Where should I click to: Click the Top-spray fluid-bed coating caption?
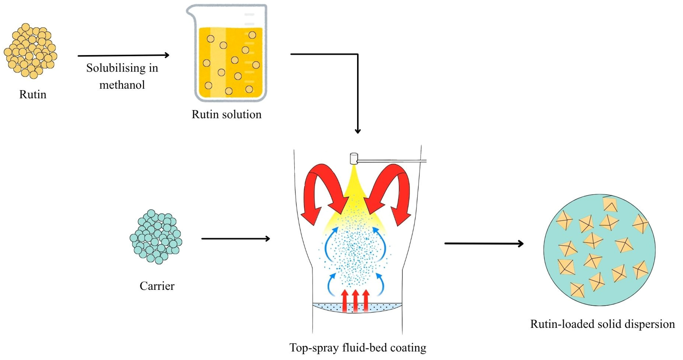[358, 348]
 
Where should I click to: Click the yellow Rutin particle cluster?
[31, 51]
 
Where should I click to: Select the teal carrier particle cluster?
[156, 237]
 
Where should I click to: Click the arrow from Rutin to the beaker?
[123, 55]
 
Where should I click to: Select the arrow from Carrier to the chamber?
[235, 239]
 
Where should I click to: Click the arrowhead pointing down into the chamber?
[358, 131]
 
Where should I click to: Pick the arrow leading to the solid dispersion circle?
[484, 243]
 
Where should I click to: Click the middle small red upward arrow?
[355, 301]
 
